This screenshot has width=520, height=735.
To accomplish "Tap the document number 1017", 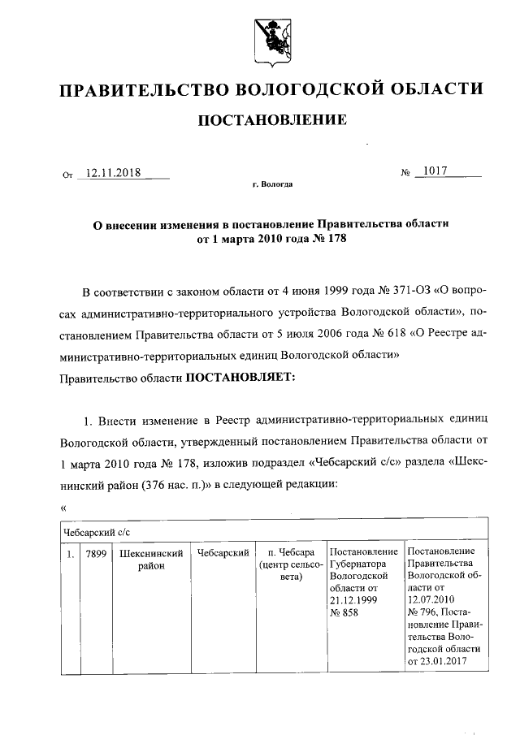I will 435,171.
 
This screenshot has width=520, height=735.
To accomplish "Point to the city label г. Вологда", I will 272,184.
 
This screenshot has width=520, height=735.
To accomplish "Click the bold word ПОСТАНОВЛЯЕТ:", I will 242,377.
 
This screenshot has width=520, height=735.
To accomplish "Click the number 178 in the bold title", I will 322,241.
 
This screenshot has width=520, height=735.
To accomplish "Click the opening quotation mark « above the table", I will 63,509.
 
